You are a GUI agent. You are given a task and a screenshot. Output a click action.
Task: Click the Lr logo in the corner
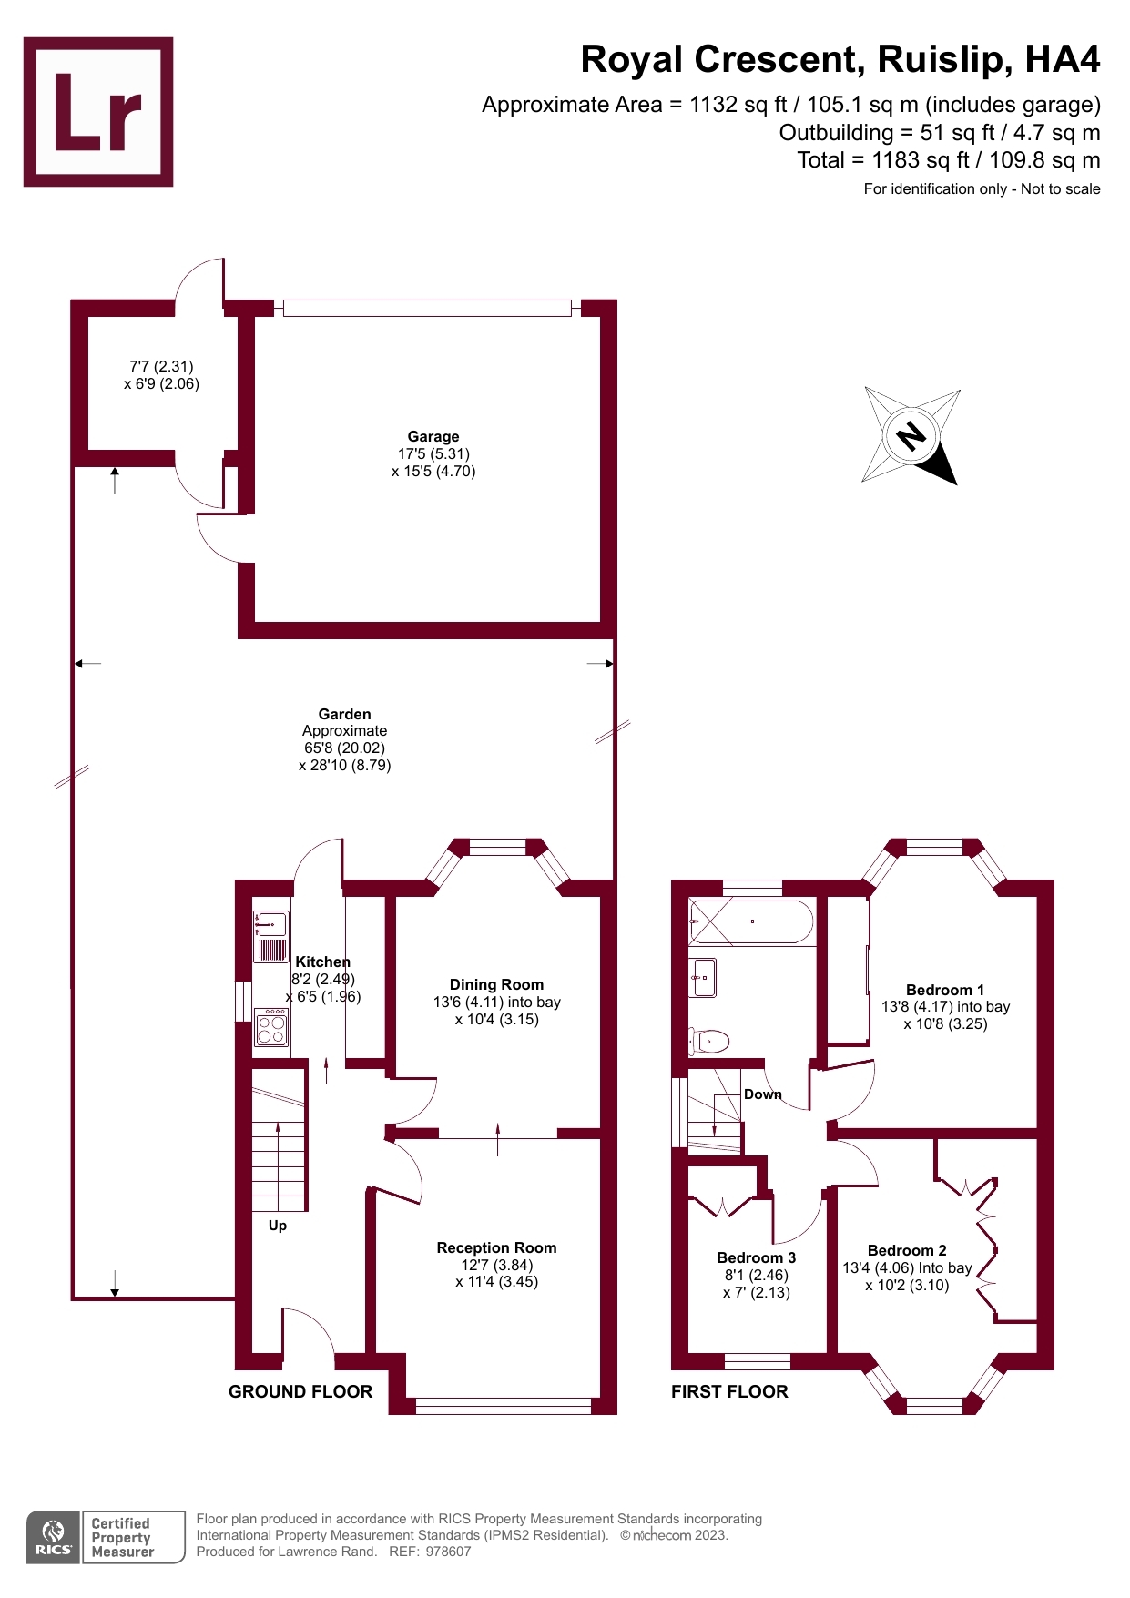tap(98, 112)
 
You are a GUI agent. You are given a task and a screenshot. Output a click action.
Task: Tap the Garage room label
tap(433, 437)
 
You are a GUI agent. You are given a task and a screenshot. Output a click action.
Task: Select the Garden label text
tap(344, 715)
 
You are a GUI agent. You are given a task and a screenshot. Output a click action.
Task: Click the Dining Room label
tap(496, 985)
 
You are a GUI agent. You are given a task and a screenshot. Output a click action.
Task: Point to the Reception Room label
tap(496, 1248)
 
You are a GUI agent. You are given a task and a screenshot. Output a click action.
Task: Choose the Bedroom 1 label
tap(944, 991)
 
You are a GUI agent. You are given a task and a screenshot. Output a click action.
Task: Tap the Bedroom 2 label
tap(906, 1251)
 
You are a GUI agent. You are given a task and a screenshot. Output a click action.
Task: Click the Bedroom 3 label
tap(756, 1258)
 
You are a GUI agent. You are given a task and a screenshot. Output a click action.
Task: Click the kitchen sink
tap(271, 925)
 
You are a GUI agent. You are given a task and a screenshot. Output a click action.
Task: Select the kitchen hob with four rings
tap(271, 1028)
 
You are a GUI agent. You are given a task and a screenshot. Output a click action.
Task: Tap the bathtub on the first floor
tap(751, 921)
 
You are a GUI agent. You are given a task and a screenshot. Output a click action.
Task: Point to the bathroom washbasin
tap(703, 978)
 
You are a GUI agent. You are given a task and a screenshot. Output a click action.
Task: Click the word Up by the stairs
tap(278, 1226)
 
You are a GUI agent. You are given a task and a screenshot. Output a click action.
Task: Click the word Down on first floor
tap(763, 1094)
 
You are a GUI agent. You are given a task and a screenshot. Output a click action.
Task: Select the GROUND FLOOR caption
tap(300, 1391)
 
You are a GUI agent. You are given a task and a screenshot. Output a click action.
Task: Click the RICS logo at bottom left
tap(53, 1537)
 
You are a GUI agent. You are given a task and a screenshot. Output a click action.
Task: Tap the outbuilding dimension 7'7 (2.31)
tap(161, 366)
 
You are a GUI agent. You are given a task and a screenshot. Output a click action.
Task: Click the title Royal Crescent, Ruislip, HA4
tap(840, 60)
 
